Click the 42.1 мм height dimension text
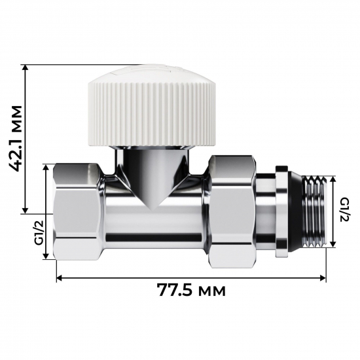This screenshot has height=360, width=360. [12, 138]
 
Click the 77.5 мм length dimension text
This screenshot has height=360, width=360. [191, 290]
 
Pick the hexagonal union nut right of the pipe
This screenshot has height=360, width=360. [231, 211]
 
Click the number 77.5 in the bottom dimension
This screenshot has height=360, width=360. [176, 290]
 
